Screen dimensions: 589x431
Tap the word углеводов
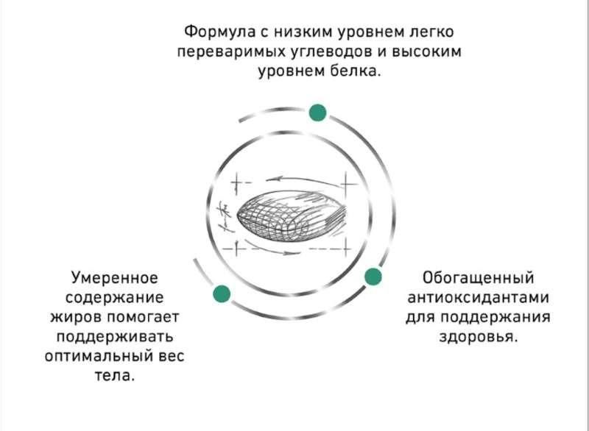(x=332, y=51)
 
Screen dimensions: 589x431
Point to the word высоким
(x=426, y=51)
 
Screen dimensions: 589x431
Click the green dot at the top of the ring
(x=317, y=113)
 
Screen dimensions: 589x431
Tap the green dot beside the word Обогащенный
(x=373, y=277)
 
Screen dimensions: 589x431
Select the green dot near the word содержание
(x=222, y=293)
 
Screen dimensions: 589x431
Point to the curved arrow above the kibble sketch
(x=303, y=179)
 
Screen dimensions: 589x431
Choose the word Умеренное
(x=115, y=278)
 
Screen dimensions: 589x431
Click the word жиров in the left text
(x=77, y=317)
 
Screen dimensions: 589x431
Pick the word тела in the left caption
(x=114, y=375)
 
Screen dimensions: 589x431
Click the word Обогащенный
(x=478, y=278)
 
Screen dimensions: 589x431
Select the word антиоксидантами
(x=478, y=297)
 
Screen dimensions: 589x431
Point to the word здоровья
(x=478, y=336)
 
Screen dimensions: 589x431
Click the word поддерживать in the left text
(x=115, y=336)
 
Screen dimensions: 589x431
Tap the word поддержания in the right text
(x=495, y=317)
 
